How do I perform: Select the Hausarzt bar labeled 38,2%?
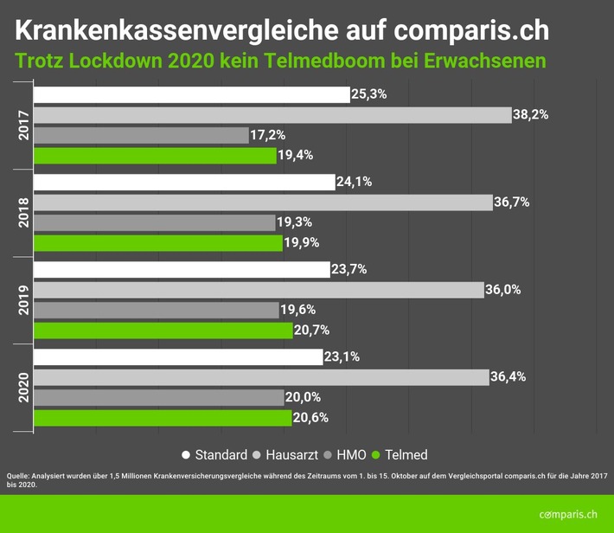point(272,115)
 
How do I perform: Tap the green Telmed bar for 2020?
point(162,418)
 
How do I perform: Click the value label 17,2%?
point(269,135)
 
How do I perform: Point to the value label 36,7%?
point(510,202)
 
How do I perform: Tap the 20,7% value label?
point(312,330)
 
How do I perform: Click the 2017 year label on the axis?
point(23,125)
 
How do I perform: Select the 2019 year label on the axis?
point(23,299)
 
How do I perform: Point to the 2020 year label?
point(23,387)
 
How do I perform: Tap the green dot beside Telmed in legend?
point(375,454)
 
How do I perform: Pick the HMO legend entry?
point(348,454)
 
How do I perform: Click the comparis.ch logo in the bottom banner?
point(567,514)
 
